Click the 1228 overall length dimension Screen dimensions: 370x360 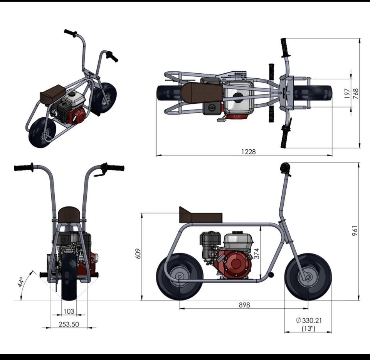click(249, 151)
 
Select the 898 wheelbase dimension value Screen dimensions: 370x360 click(244, 305)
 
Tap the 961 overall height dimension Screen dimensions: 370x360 click(355, 231)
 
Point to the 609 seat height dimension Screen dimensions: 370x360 click(138, 254)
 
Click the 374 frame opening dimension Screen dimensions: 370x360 click(257, 254)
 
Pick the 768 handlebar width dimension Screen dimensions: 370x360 click(356, 93)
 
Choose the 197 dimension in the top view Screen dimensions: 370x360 click(347, 93)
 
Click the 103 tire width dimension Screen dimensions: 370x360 click(69, 311)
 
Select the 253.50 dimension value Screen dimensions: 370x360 click(69, 324)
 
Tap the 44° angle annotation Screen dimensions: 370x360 click(20, 282)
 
